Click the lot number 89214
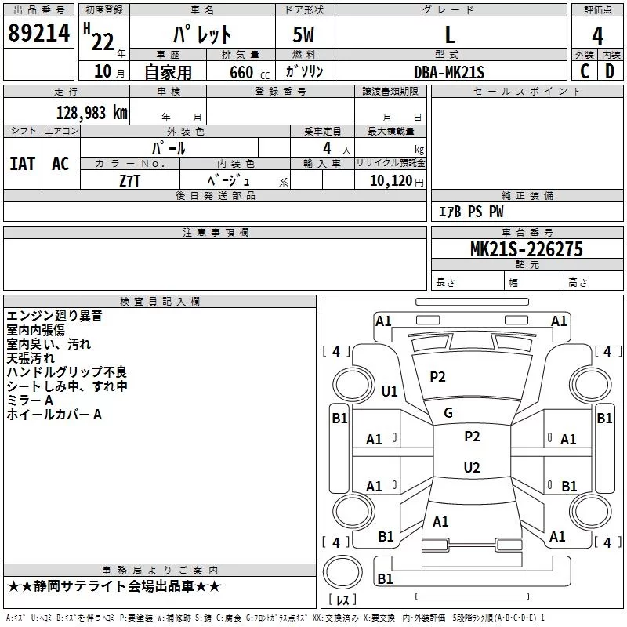coord(38,33)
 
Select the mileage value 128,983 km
coord(92,113)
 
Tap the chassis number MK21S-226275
coord(527,249)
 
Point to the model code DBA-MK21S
coord(449,72)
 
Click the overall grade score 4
coord(597,36)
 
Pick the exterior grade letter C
coord(585,71)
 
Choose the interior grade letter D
coord(610,71)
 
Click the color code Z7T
coord(129,181)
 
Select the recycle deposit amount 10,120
coord(390,181)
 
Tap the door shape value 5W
coord(303,34)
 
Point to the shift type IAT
coord(23,164)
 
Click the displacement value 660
coord(241,72)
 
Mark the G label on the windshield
coord(448,413)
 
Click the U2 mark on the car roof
coord(472,467)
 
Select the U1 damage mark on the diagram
coord(390,391)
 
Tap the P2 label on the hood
coord(437,377)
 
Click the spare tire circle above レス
coord(342,572)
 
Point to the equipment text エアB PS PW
coord(471,211)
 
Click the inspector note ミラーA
coord(30,400)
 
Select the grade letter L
coord(450,34)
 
